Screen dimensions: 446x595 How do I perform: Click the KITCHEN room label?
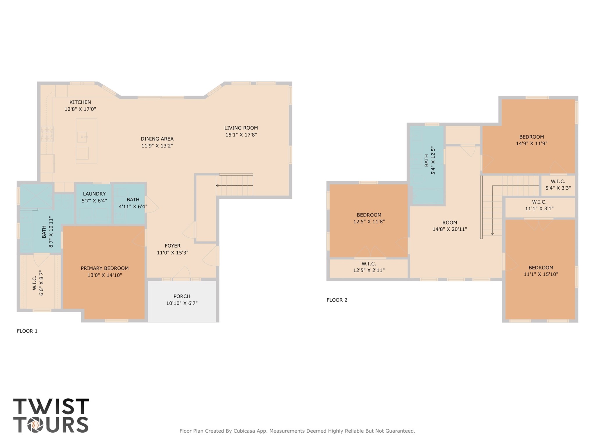pos(80,102)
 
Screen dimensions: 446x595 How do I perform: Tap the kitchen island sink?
pos(82,137)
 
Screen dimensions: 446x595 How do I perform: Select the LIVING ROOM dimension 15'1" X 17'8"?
pos(241,135)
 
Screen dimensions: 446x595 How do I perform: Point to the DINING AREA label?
pos(157,139)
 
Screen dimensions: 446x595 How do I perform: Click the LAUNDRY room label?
pos(94,194)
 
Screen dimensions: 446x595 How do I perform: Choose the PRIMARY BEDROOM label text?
pos(105,268)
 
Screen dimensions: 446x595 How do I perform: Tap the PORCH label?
pos(182,296)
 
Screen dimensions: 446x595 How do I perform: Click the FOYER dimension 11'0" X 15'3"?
pos(172,253)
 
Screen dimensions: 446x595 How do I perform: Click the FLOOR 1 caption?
pos(27,331)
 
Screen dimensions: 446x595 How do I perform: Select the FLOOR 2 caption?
pos(337,300)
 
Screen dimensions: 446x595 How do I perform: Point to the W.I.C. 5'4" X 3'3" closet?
pos(558,185)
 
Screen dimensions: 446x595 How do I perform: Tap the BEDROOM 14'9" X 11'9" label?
pos(531,137)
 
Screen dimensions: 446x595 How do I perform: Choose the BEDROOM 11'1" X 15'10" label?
pos(541,268)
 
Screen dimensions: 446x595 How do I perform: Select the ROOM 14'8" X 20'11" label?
pos(450,223)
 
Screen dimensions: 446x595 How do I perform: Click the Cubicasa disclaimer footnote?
pos(297,431)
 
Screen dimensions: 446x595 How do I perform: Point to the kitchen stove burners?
pos(47,133)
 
